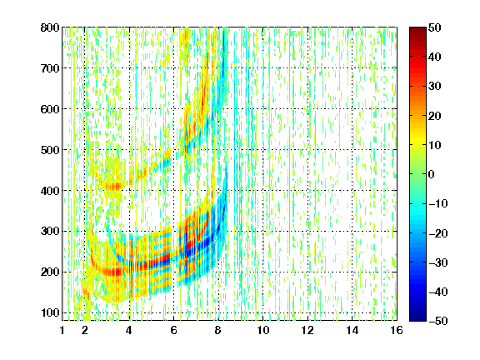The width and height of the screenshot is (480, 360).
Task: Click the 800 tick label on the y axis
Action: [x=50, y=27]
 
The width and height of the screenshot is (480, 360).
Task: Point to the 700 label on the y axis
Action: [x=50, y=68]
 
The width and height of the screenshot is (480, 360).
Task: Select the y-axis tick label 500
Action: [x=50, y=150]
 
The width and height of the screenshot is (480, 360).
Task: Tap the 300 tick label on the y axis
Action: [x=50, y=232]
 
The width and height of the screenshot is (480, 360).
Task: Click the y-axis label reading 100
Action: [x=50, y=312]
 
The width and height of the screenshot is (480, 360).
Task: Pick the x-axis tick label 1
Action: [x=62, y=330]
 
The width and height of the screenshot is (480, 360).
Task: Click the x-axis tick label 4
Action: [x=129, y=330]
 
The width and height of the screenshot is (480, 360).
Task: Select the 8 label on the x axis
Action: [x=218, y=330]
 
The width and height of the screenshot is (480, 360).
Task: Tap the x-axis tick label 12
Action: [x=307, y=330]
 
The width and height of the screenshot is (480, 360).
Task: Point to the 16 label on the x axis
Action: [x=397, y=330]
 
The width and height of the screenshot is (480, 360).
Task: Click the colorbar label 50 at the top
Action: [x=435, y=27]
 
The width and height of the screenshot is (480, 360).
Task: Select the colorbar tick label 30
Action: [x=435, y=87]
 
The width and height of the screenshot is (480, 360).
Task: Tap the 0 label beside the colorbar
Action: [x=432, y=174]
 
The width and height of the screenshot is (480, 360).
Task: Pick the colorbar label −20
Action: [x=438, y=233]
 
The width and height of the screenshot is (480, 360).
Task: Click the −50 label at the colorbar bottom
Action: [x=438, y=321]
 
